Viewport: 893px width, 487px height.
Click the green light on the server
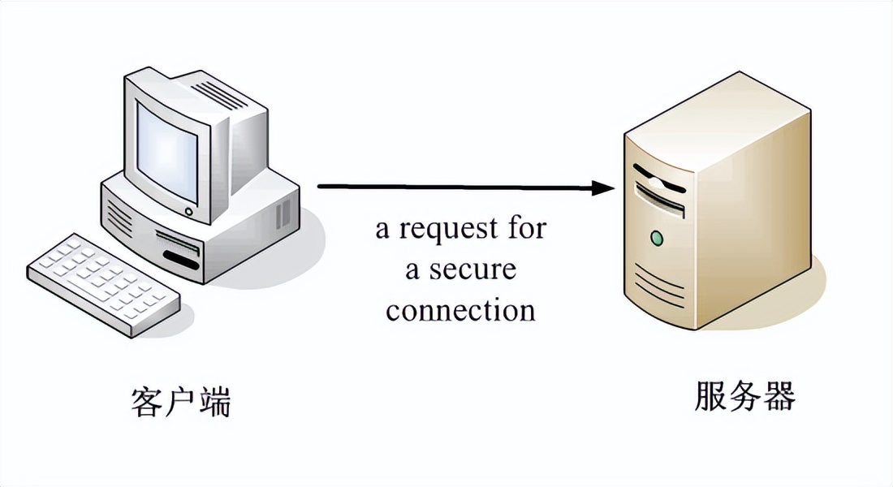pyautogui.click(x=656, y=238)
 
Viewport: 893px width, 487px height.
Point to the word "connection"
pyautogui.click(x=460, y=310)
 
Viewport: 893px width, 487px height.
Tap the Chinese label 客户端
pyautogui.click(x=180, y=402)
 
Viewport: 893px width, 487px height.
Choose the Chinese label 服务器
pyautogui.click(x=744, y=397)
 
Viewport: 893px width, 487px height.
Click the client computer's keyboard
pyautogui.click(x=103, y=284)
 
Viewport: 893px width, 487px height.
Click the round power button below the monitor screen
pyautogui.click(x=188, y=211)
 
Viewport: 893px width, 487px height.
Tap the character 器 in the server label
pyautogui.click(x=779, y=397)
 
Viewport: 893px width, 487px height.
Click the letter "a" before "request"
pyautogui.click(x=382, y=230)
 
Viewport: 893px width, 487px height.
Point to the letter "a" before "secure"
pyautogui.click(x=412, y=269)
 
